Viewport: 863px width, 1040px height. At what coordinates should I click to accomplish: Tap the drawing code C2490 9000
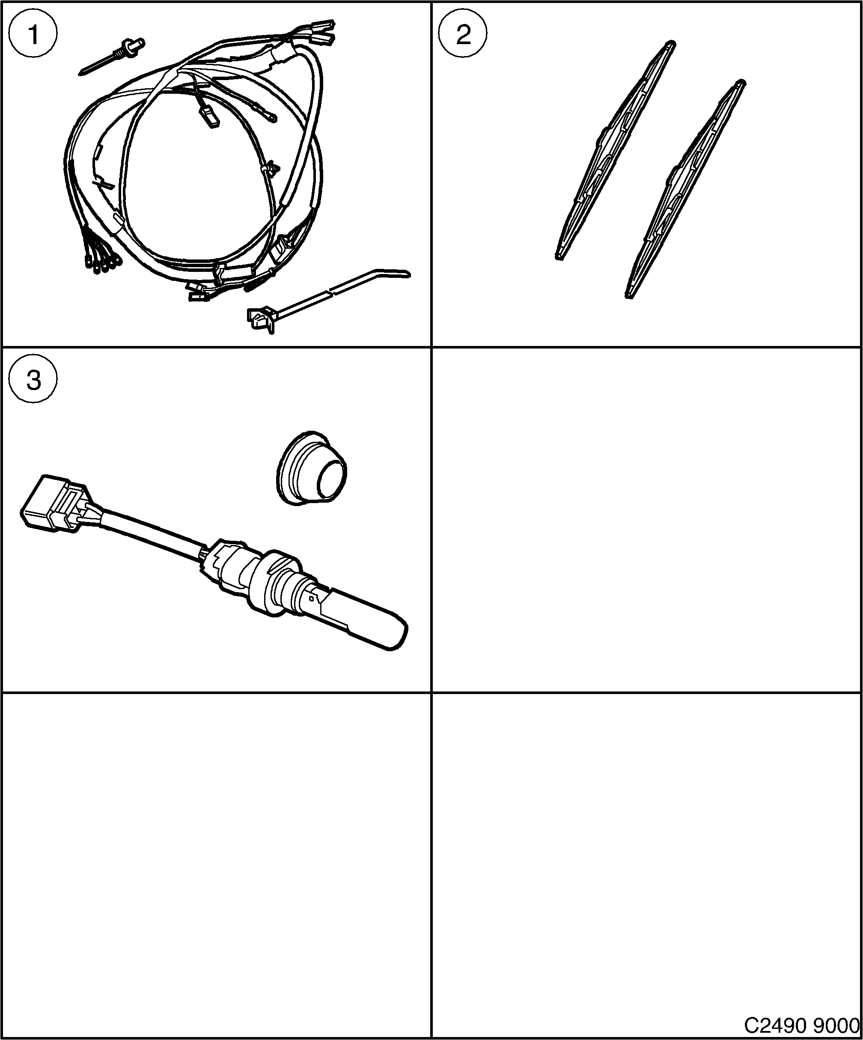click(x=801, y=1024)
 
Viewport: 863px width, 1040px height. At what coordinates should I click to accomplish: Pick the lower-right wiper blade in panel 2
click(x=686, y=188)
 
